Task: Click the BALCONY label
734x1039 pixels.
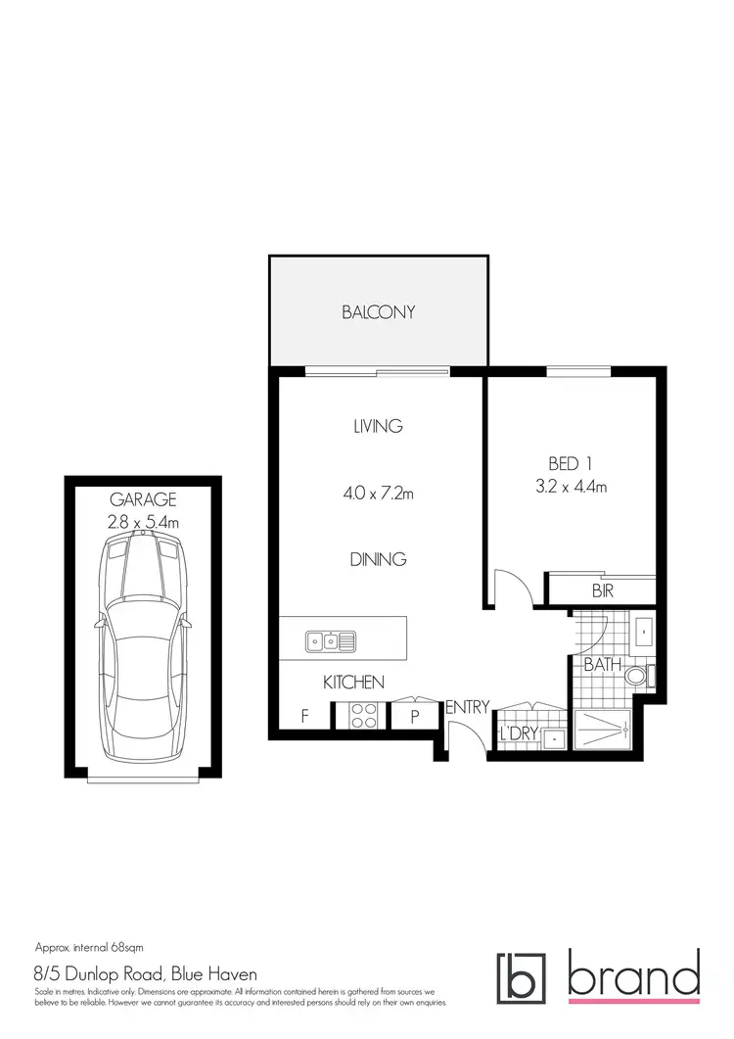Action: (x=378, y=312)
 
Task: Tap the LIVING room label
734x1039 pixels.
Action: (x=378, y=426)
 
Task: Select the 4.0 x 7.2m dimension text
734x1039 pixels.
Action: (x=378, y=494)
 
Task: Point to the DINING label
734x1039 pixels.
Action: (x=378, y=560)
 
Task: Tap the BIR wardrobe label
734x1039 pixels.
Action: (x=602, y=591)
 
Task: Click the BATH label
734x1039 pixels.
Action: (x=602, y=665)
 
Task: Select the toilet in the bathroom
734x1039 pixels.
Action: (x=637, y=675)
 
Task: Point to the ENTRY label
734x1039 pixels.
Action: (x=467, y=707)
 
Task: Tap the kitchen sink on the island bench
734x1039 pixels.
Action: (x=331, y=641)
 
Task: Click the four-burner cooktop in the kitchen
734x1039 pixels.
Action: (x=364, y=716)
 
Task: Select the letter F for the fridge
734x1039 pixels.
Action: (x=304, y=717)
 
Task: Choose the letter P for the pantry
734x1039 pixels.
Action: (x=414, y=717)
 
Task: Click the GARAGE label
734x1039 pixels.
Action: (x=143, y=499)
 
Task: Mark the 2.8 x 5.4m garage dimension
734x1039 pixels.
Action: (x=143, y=523)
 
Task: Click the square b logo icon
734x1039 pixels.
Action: (x=524, y=978)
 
